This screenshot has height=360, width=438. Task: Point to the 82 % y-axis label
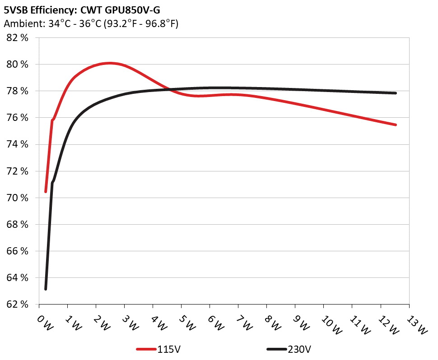18,38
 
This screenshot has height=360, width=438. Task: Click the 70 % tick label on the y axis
18,198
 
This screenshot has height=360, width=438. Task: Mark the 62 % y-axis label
18,304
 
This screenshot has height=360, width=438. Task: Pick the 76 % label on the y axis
18,118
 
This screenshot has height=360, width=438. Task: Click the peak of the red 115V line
110,63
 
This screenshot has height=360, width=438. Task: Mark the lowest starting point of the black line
46,289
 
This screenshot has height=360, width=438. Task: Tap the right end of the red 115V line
396,125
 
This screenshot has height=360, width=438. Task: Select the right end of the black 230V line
396,93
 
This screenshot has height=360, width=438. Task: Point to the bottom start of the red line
46,192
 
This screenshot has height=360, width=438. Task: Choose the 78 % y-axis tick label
18,91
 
